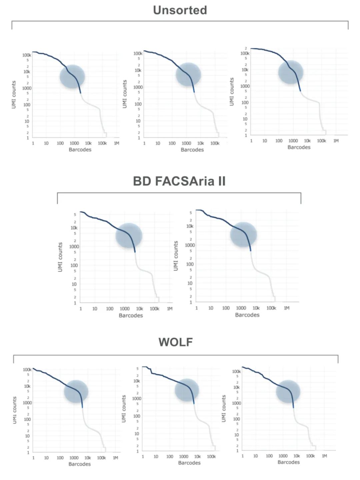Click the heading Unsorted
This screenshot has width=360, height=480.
(180, 10)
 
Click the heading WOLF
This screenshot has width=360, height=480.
(176, 342)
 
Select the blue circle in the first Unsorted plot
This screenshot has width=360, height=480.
(72, 76)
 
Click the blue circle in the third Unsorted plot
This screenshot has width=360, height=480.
(291, 72)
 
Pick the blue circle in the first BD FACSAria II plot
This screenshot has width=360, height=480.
(129, 236)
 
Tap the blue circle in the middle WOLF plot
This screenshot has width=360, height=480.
(187, 390)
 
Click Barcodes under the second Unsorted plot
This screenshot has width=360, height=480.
(192, 150)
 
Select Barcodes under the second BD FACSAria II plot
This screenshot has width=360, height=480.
(247, 315)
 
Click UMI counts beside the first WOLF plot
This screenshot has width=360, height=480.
(15, 410)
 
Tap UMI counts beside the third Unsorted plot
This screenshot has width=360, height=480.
(232, 92)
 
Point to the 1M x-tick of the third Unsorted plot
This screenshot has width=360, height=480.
(336, 141)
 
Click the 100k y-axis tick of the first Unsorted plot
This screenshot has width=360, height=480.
(27, 55)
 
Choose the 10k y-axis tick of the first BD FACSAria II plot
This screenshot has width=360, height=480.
(74, 228)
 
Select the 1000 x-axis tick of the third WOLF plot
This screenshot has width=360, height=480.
(283, 456)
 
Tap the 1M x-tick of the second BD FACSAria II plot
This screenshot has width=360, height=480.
(287, 308)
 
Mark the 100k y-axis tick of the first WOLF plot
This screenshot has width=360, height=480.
(27, 370)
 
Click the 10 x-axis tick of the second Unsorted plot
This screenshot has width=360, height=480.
(158, 143)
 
